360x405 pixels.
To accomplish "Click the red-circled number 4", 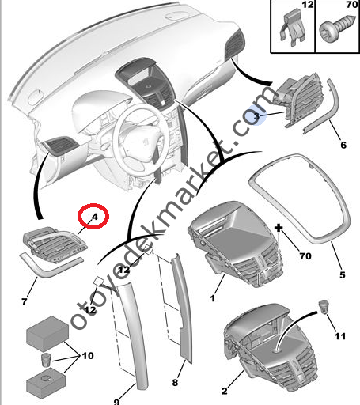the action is click(94, 217).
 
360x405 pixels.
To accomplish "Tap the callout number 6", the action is click(343, 145).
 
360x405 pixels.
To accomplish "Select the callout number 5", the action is click(343, 275).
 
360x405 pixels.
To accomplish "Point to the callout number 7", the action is click(25, 301).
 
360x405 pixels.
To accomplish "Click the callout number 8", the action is click(175, 383).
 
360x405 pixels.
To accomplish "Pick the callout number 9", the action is click(117, 402).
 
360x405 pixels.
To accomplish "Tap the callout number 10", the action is click(88, 356).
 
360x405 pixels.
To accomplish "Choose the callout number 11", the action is click(340, 336).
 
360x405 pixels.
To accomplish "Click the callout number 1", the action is click(213, 298).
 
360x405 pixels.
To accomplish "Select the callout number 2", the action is click(224, 391).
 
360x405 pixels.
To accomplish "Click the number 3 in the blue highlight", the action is click(256, 116).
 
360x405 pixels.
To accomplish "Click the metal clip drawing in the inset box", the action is click(293, 28).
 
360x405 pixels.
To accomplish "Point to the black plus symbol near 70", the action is click(279, 228).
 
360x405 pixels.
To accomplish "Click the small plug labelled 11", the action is click(323, 307).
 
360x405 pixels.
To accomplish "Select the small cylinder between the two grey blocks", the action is click(46, 360).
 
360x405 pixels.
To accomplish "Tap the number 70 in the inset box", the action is click(352, 5).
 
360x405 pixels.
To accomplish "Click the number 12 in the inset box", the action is click(308, 5).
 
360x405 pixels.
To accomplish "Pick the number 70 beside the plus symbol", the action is click(305, 256).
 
